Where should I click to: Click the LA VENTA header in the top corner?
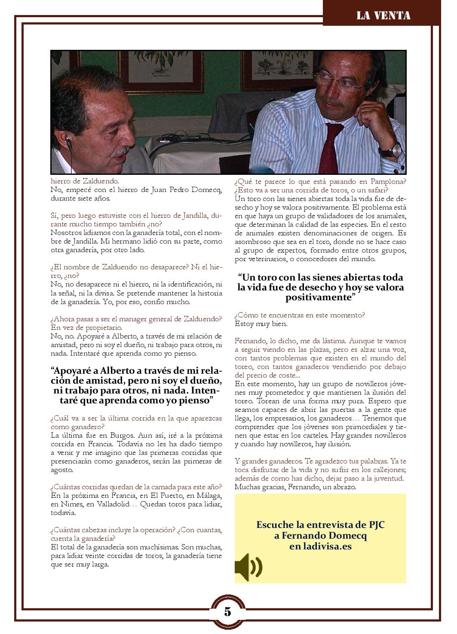click(383, 16)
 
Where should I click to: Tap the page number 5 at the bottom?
click(227, 611)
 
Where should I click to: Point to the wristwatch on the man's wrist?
click(396, 150)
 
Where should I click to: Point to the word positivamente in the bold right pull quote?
click(319, 297)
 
